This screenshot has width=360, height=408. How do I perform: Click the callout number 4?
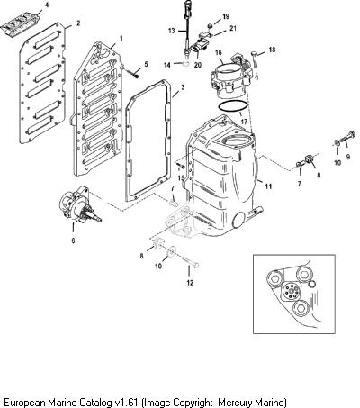pyautogui.click(x=46, y=5)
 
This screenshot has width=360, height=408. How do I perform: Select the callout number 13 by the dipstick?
pyautogui.click(x=171, y=31)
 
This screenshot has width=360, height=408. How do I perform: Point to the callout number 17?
pyautogui.click(x=244, y=122)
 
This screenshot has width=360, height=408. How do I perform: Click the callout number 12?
pyautogui.click(x=190, y=283)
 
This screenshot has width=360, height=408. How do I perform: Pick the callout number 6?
pyautogui.click(x=73, y=240)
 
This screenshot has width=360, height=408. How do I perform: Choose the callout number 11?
pyautogui.click(x=268, y=186)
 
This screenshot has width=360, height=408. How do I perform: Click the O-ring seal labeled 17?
pyautogui.click(x=233, y=107)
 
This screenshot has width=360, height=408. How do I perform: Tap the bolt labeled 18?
pyautogui.click(x=254, y=59)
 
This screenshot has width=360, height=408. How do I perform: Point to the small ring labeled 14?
pyautogui.click(x=185, y=63)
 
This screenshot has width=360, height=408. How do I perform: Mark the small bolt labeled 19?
pyautogui.click(x=211, y=26)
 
